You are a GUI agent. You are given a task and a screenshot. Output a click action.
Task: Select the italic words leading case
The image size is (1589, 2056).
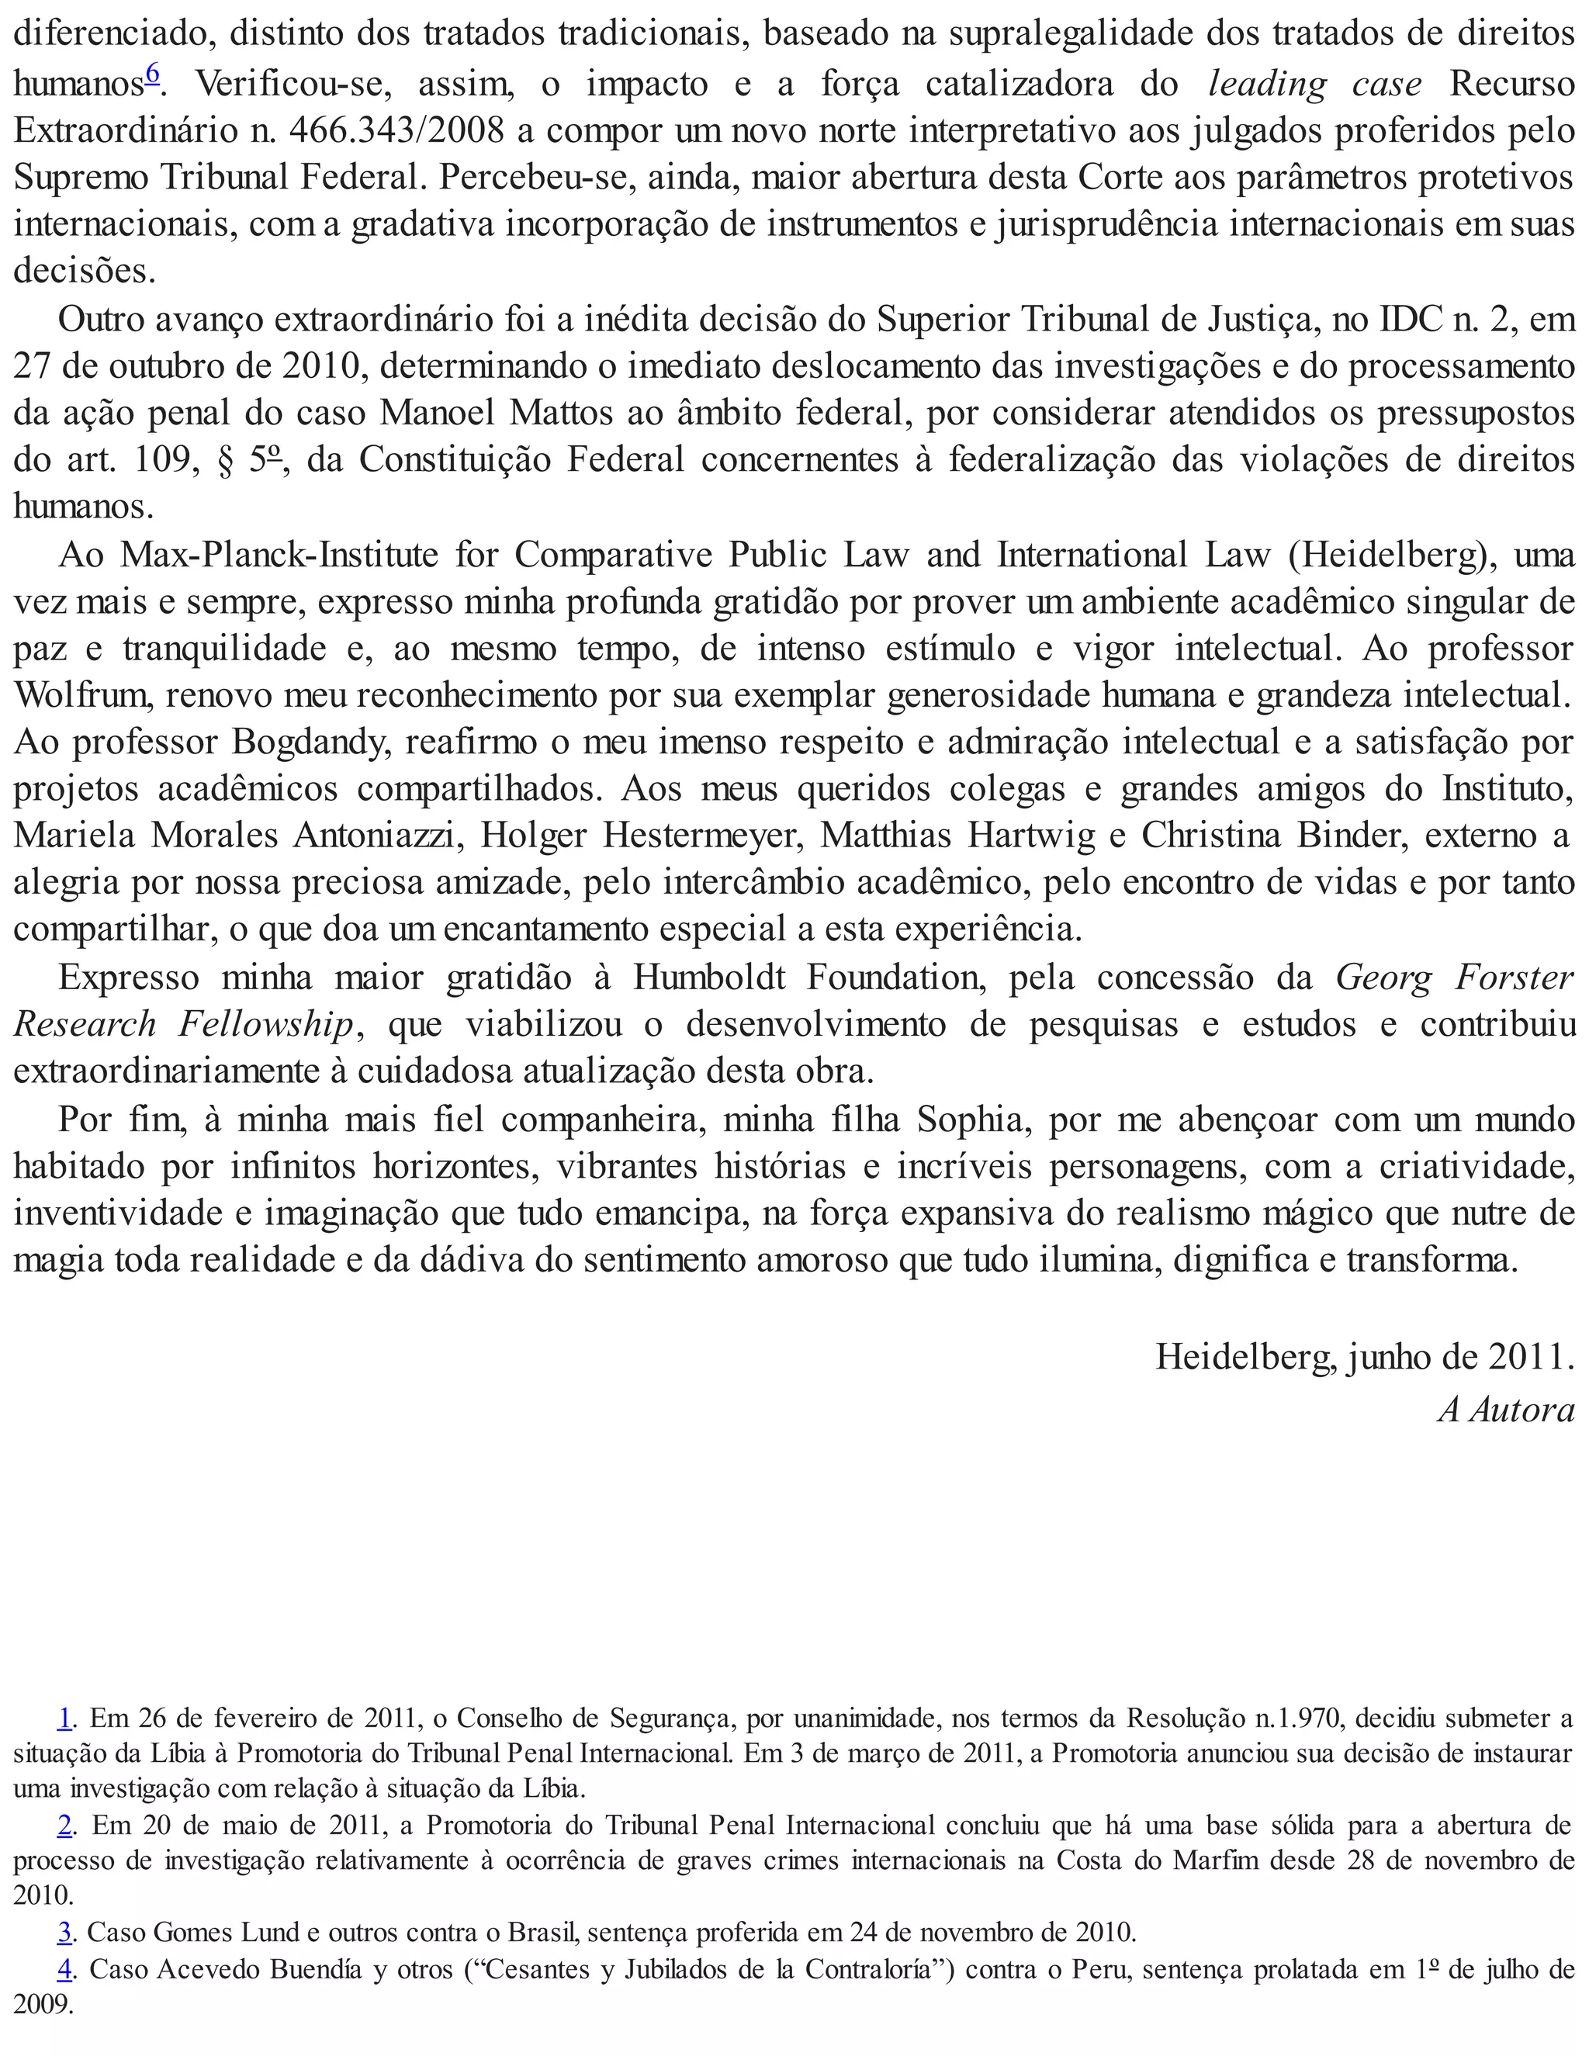(1314, 85)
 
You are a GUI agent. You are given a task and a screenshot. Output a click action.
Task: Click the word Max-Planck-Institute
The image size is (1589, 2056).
(279, 555)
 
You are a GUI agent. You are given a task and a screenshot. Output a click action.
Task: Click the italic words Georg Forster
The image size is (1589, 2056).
(1453, 977)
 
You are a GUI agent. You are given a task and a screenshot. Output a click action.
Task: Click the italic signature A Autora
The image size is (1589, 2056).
(1505, 1409)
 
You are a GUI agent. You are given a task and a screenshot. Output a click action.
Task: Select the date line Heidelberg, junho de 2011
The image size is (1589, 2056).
(1364, 1356)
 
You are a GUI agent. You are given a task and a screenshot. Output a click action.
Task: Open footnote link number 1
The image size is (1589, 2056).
(65, 1718)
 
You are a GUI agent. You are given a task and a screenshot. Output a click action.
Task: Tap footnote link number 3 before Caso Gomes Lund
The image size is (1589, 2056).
(65, 1933)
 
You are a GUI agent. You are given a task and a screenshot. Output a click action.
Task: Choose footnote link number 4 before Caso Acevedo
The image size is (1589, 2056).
(65, 1968)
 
